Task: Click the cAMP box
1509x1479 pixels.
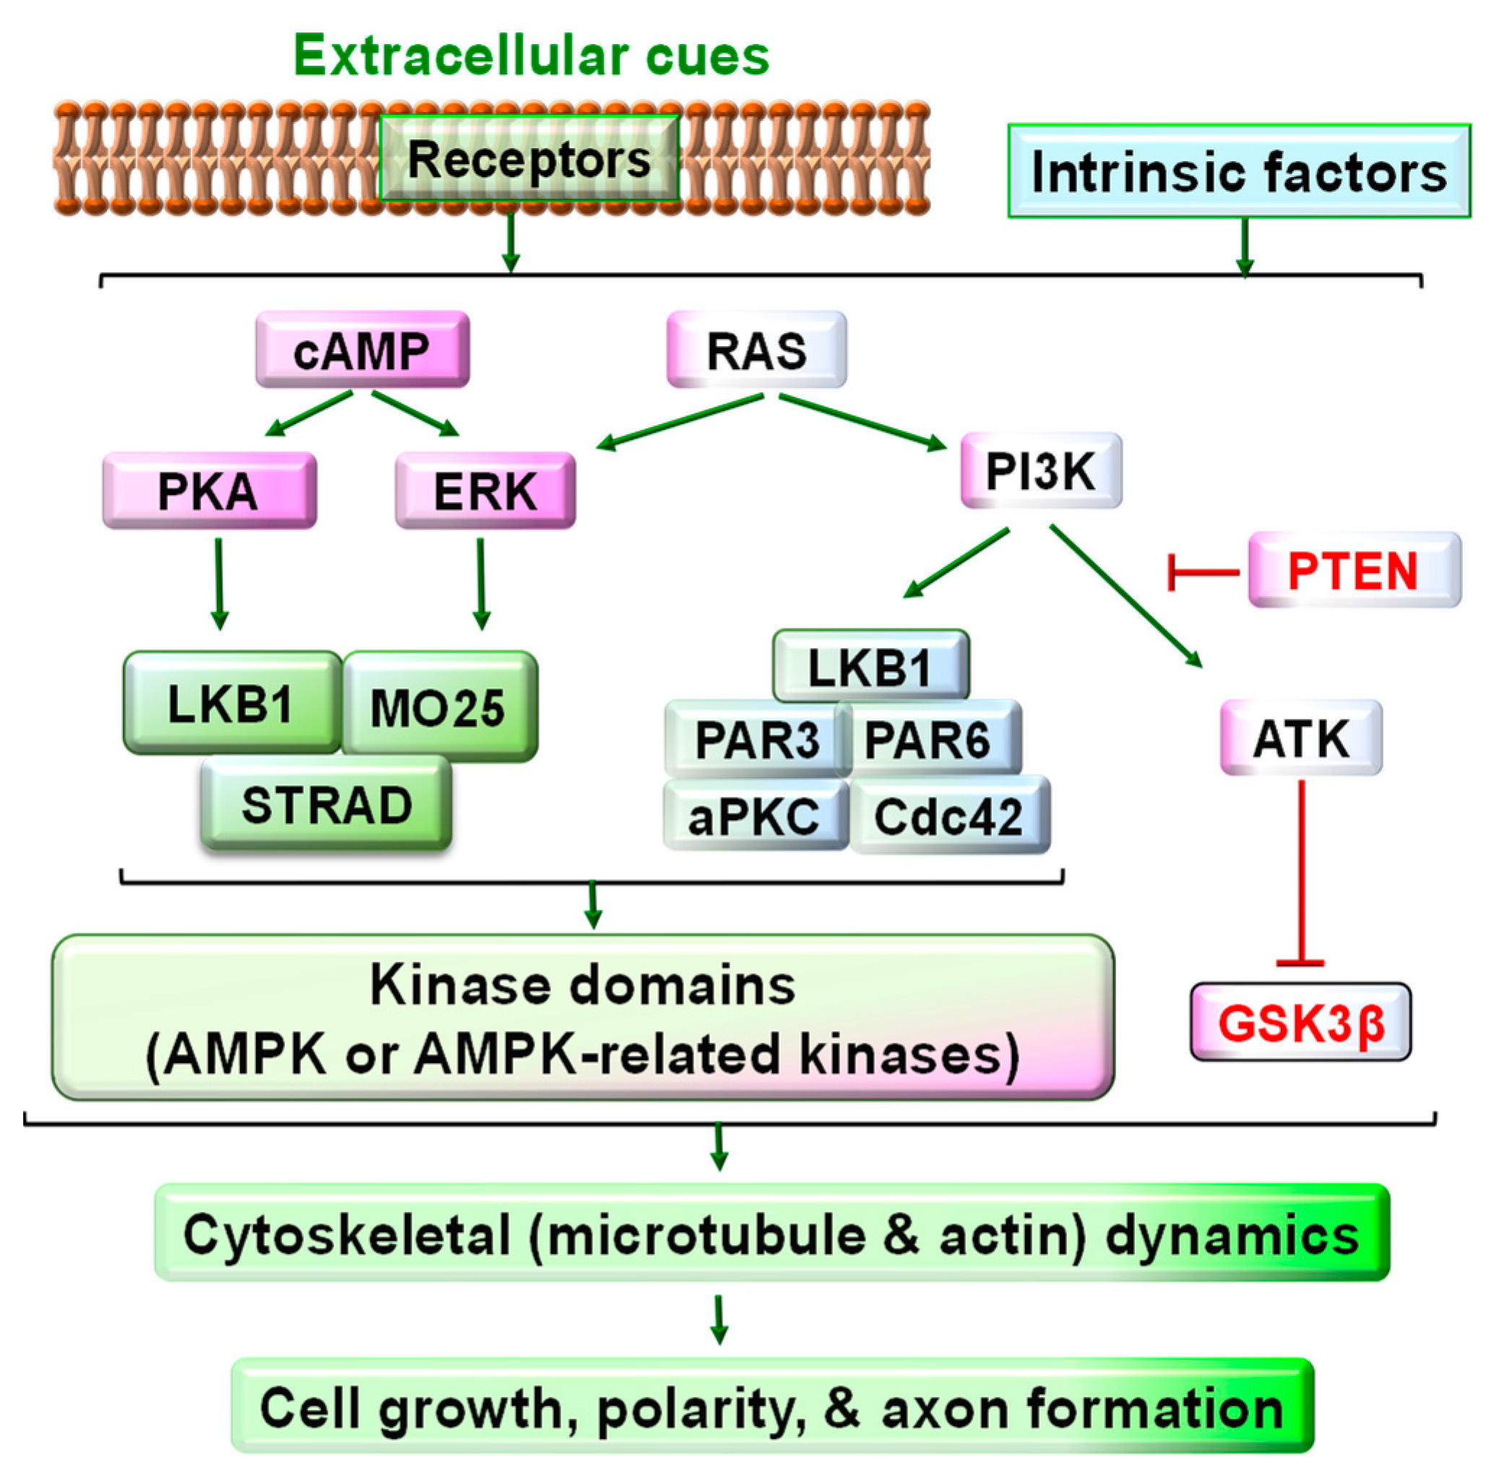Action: tap(362, 350)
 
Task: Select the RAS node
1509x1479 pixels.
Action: tap(756, 350)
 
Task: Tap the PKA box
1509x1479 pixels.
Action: tap(209, 491)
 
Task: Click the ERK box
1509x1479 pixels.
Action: tap(485, 491)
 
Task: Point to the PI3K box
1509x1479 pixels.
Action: tap(1041, 471)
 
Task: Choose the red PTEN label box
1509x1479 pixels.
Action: tap(1354, 570)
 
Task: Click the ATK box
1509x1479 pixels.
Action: tap(1301, 738)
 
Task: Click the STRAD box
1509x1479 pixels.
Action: tap(327, 805)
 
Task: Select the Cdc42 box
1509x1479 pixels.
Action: tap(949, 816)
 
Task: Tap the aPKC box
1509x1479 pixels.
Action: tap(755, 816)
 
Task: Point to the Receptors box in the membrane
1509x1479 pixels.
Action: tap(529, 159)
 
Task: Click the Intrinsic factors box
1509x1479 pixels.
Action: tap(1238, 171)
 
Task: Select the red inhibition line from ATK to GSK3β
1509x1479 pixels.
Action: tap(1301, 870)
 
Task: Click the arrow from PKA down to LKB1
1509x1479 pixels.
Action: tap(219, 582)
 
